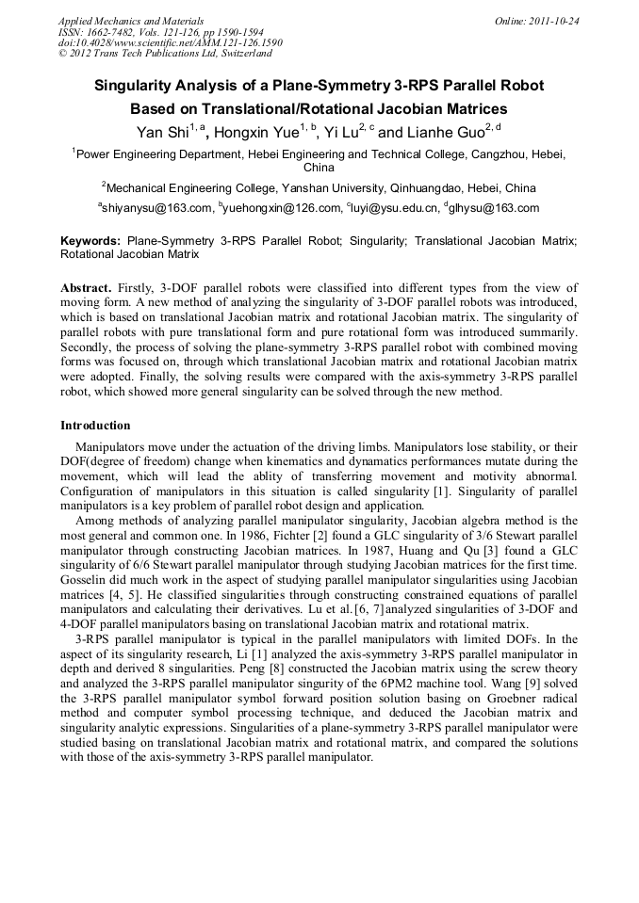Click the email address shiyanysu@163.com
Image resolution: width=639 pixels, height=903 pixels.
pos(156,208)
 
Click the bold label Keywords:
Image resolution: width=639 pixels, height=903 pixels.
pos(90,241)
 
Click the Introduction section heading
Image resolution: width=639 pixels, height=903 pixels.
pos(95,426)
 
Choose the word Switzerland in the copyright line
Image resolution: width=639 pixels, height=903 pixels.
pos(243,54)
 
